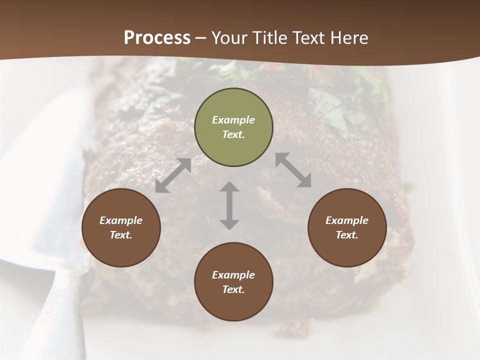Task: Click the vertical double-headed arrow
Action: pos(229,205)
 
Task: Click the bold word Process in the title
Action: pos(157,37)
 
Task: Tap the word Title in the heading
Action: pos(270,37)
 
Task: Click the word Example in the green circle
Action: pos(233,120)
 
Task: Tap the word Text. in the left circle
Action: pos(121,235)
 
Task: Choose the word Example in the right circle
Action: pos(347,220)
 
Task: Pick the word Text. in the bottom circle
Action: pos(233,289)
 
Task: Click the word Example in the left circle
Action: pos(121,220)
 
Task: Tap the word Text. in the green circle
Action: pos(233,134)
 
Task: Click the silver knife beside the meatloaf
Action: pos(45,200)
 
